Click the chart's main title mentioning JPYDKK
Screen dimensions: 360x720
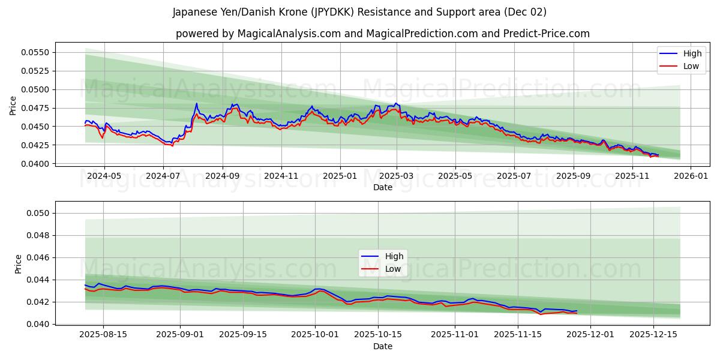point(359,12)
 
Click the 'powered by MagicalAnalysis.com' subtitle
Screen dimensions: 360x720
point(382,34)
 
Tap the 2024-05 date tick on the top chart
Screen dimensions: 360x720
point(104,176)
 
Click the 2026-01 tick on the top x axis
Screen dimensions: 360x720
point(691,176)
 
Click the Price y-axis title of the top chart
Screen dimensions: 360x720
point(13,106)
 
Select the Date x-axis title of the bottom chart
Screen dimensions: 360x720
point(382,346)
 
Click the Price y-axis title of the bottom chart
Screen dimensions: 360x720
point(19,263)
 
